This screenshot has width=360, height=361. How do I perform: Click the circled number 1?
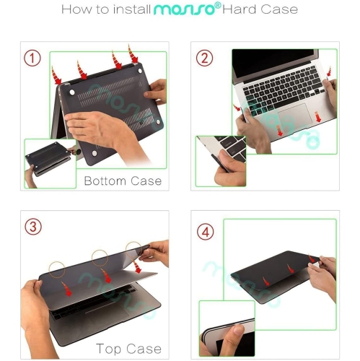click(32, 58)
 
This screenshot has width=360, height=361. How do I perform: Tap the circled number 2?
click(204, 58)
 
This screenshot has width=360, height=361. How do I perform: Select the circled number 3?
click(33, 227)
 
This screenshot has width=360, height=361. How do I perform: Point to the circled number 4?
click(206, 232)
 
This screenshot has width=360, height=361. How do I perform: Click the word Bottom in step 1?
click(105, 181)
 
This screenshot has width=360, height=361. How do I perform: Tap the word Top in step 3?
click(108, 349)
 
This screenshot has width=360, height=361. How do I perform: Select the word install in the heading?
click(132, 9)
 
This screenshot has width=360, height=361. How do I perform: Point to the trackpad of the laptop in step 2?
click(295, 114)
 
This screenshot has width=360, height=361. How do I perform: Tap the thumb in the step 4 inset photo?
click(232, 334)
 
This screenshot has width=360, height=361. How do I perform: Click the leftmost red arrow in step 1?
click(56, 75)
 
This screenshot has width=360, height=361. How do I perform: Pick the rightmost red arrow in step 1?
click(133, 53)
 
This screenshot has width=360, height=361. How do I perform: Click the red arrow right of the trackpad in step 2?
click(318, 117)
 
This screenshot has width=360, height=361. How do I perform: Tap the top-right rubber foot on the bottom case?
click(140, 71)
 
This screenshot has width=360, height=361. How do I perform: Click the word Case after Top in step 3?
click(144, 349)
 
